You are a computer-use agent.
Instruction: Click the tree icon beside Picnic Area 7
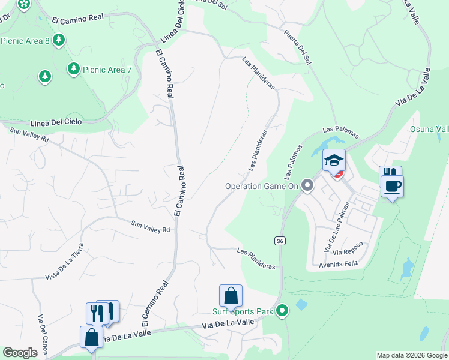click(x=74, y=69)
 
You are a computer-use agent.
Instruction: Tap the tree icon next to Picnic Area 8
click(x=59, y=40)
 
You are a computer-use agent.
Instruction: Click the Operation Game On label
click(x=261, y=186)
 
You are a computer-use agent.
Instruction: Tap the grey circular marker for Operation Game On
click(x=308, y=186)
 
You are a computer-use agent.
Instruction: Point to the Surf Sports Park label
click(x=243, y=311)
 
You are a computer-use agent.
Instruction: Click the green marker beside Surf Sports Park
click(x=282, y=311)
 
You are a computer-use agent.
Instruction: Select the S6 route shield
click(x=280, y=241)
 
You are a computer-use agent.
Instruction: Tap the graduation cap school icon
click(x=334, y=160)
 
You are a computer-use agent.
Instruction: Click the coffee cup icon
click(x=392, y=186)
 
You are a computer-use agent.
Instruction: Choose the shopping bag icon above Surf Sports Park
click(x=231, y=296)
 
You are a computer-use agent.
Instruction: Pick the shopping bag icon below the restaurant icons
click(x=92, y=337)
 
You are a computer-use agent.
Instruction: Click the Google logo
click(x=20, y=353)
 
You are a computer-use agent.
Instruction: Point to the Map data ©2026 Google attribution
click(x=412, y=355)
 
